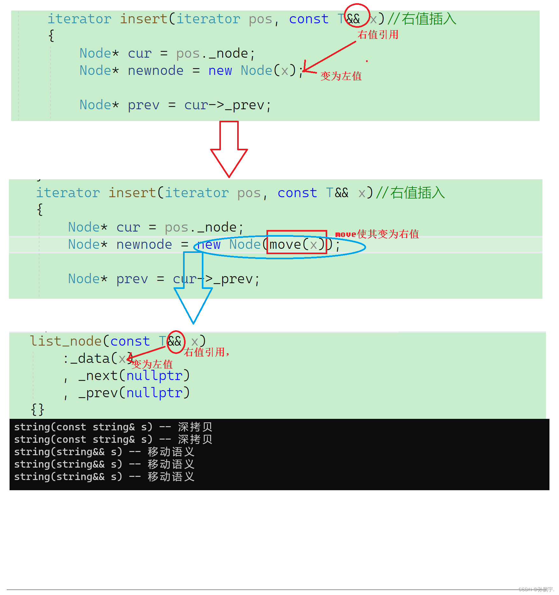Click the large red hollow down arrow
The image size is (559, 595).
pos(229,150)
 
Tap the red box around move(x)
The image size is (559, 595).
pos(297,242)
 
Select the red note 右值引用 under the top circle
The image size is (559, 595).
pos(378,34)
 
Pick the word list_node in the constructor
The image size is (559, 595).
pos(66,341)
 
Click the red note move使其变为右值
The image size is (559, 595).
pos(377,234)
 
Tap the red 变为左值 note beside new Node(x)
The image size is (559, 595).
pos(341,76)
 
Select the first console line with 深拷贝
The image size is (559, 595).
pos(113,427)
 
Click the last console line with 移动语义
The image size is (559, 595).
pos(104,477)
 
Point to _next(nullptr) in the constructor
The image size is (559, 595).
pos(134,376)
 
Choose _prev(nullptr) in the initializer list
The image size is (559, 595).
pos(134,393)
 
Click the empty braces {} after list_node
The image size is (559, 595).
pos(38,410)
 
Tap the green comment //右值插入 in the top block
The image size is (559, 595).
pos(422,19)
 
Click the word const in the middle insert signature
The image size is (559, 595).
pos(297,193)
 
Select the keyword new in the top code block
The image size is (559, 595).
pos(220,71)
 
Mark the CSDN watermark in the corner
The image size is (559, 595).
pos(536,590)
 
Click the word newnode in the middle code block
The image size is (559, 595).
pos(144,245)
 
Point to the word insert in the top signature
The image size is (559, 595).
pos(144,19)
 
